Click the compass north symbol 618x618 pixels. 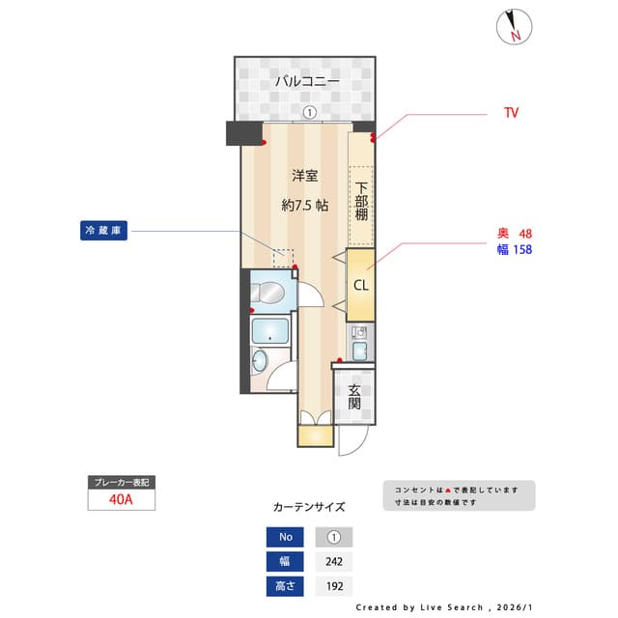point(513,28)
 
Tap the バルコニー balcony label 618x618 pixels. point(307,82)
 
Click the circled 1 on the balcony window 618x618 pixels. point(309,112)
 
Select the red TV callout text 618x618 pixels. point(511,113)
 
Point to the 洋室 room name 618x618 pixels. point(305,176)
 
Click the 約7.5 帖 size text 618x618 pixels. point(305,205)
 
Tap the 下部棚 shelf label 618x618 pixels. point(361,202)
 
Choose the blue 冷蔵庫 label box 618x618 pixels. point(104,232)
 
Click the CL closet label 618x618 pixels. point(360,285)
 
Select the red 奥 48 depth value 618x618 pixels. point(513,234)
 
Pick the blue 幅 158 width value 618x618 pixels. point(513,249)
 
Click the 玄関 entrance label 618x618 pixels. point(354,397)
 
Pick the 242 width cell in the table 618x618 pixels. point(334,562)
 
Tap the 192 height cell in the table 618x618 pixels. point(334,586)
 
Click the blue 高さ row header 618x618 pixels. point(286,586)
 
